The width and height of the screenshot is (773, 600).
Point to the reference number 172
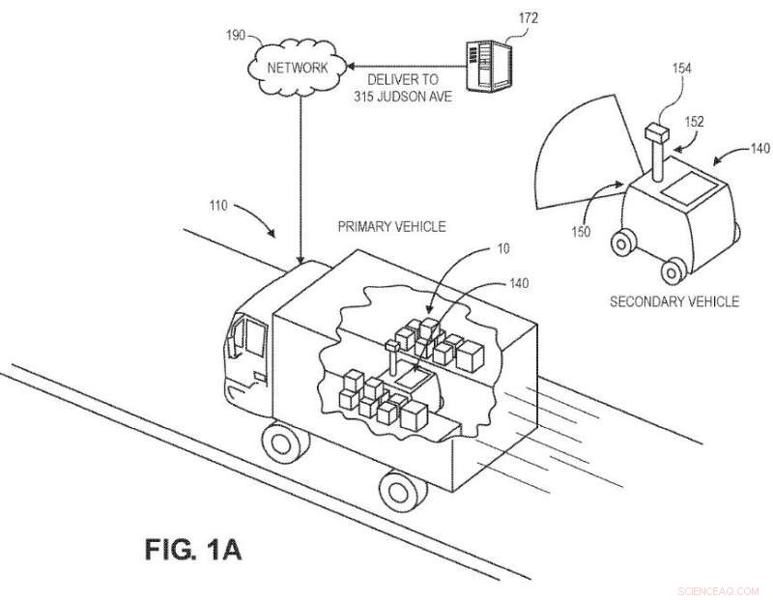(x=528, y=18)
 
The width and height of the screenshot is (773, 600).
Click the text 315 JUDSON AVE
(x=399, y=95)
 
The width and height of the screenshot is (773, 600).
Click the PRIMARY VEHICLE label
(x=391, y=227)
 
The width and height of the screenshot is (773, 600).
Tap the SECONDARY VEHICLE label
(x=673, y=301)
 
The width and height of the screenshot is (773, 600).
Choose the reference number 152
(x=694, y=123)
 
